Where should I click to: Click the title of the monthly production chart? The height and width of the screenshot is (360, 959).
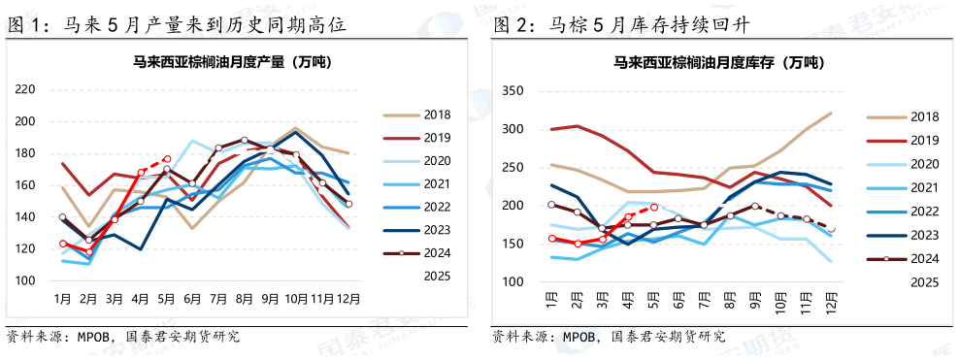232,63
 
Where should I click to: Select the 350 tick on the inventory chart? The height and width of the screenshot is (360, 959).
513,91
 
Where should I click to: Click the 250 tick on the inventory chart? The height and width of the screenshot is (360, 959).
513,168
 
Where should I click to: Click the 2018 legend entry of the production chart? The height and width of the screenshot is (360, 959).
436,115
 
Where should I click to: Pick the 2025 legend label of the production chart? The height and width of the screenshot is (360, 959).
436,276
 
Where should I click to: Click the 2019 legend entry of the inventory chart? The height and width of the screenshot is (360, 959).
923,141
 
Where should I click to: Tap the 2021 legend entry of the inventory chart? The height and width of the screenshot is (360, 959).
923,187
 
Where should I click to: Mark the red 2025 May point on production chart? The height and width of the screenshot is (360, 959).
167,159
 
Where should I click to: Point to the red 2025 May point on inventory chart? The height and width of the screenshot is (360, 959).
654,207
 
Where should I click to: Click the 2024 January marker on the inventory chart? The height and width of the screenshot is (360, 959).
551,205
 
